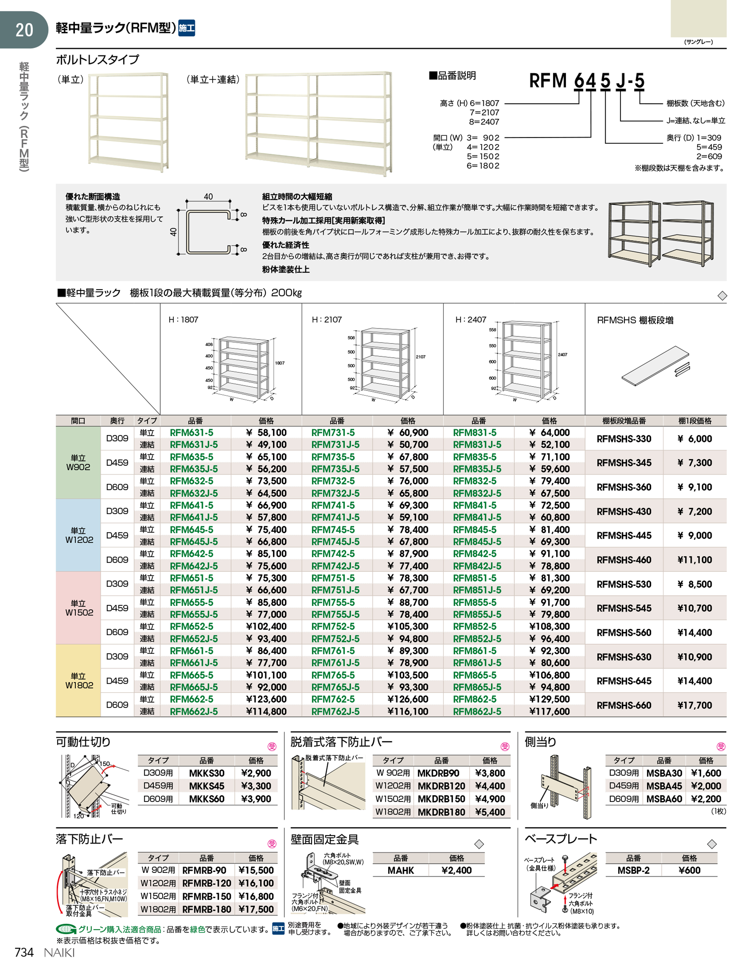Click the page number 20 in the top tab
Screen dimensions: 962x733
tap(24, 30)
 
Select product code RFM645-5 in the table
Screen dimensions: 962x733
tap(192, 530)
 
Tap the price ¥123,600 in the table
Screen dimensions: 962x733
tap(266, 699)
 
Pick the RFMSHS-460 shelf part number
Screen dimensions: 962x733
tap(624, 560)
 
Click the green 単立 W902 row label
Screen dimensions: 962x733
tap(78, 463)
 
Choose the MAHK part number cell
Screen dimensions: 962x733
tap(400, 870)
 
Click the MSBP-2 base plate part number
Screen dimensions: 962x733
tap(633, 870)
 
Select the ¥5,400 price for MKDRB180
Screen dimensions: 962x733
tap(490, 812)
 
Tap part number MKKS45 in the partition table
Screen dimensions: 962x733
tap(207, 786)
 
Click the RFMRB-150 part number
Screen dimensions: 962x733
tap(207, 897)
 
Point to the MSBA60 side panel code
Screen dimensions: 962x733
tap(664, 799)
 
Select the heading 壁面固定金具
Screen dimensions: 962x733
tap(325, 839)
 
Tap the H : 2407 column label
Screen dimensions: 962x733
tap(471, 320)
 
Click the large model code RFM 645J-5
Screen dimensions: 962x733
tap(587, 81)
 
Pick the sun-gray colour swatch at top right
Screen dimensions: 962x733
tap(699, 19)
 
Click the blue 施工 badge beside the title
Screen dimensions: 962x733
tap(187, 28)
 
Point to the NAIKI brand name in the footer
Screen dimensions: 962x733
tap(59, 952)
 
